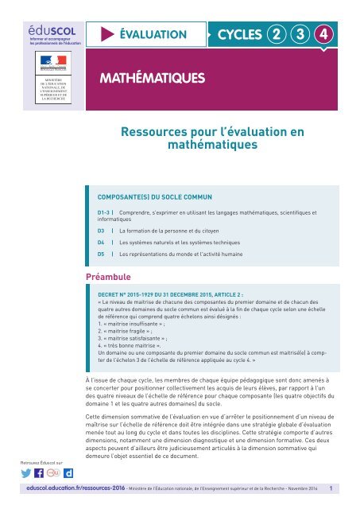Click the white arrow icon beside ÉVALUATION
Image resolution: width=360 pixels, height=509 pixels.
click(106, 34)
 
